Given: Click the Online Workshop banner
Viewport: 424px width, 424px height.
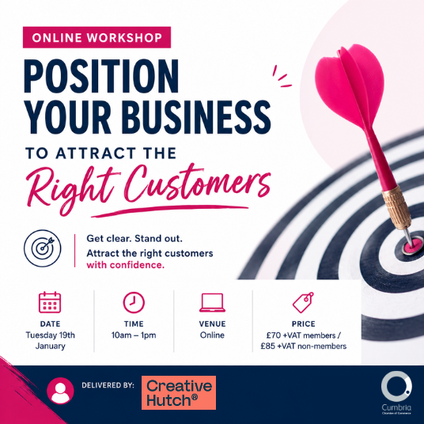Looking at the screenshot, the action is pyautogui.click(x=97, y=37).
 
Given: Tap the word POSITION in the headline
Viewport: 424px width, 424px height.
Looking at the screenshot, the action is pyautogui.click(x=101, y=76).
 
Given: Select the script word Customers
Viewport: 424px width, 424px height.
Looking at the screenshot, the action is pyautogui.click(x=198, y=184).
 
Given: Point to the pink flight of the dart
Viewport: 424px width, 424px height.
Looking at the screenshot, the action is pyautogui.click(x=350, y=86).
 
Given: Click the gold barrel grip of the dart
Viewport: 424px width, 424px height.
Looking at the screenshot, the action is pyautogui.click(x=396, y=207).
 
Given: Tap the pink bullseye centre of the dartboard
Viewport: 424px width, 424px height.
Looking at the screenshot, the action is pyautogui.click(x=411, y=245).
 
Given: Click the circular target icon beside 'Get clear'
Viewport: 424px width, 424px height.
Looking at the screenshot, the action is pyautogui.click(x=43, y=248).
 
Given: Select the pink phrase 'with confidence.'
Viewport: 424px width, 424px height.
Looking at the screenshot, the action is pyautogui.click(x=126, y=265).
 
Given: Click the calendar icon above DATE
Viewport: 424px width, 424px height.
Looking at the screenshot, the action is pyautogui.click(x=50, y=302).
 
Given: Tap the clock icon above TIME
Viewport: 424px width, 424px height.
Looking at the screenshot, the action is pyautogui.click(x=134, y=302).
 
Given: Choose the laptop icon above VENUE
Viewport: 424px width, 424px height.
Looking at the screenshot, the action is pyautogui.click(x=212, y=303).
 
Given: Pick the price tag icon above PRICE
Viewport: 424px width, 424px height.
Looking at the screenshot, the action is pyautogui.click(x=303, y=302).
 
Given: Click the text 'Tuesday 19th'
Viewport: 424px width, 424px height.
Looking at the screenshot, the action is pyautogui.click(x=51, y=335).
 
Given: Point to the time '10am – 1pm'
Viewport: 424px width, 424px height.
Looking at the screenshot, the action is pyautogui.click(x=134, y=335).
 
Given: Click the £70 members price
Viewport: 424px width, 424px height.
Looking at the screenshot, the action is pyautogui.click(x=304, y=335).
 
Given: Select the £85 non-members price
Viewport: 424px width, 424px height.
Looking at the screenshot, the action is pyautogui.click(x=304, y=346).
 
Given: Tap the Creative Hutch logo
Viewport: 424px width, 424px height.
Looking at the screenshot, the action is pyautogui.click(x=179, y=392).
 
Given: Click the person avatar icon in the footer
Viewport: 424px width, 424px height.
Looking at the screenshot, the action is pyautogui.click(x=60, y=391).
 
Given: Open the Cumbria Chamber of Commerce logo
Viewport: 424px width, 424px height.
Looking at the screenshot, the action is pyautogui.click(x=396, y=393).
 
